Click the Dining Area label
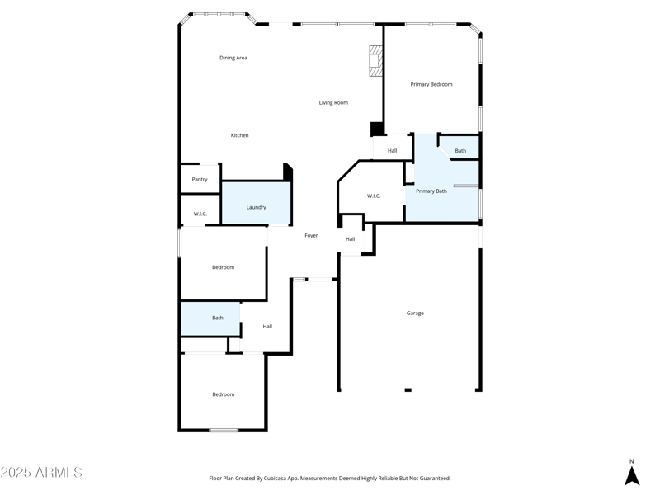coord(233,58)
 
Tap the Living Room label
coord(333,103)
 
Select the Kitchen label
coord(239,135)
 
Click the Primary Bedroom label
coord(431,84)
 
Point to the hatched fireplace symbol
coord(376,61)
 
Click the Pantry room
coord(200,179)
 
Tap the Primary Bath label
coord(431,191)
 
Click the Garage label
coord(415,313)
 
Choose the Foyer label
coord(311,236)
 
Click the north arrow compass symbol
coord(632,475)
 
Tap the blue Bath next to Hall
coord(217,318)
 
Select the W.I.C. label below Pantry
coord(200,214)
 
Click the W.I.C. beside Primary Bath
coord(373,196)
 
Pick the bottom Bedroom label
coord(223,394)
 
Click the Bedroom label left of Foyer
coord(223,267)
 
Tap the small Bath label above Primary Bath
coord(460,151)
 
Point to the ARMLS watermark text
coord(41,473)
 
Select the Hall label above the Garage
coord(351,239)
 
